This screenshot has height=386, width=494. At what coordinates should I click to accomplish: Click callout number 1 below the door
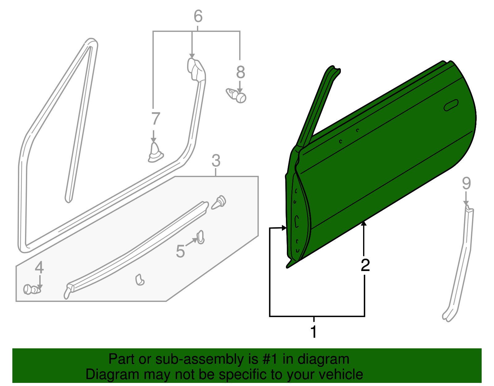(x=313, y=332)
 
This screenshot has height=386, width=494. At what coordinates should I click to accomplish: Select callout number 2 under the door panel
(x=365, y=265)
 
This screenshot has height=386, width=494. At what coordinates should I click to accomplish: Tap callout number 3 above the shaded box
(x=216, y=161)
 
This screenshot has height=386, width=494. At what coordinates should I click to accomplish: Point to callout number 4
(x=39, y=267)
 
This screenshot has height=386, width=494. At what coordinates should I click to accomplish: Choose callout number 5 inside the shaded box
(x=180, y=251)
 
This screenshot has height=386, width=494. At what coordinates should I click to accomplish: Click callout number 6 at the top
(x=198, y=16)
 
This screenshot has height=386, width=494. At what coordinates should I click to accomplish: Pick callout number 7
(x=156, y=119)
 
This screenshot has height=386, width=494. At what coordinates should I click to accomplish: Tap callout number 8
(x=241, y=72)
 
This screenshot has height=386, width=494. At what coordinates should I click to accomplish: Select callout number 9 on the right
(x=466, y=183)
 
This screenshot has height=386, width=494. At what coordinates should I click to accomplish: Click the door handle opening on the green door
(x=451, y=105)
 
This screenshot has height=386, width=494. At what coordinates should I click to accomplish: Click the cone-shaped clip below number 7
(x=155, y=152)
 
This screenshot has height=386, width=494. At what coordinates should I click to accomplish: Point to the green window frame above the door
(x=318, y=105)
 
